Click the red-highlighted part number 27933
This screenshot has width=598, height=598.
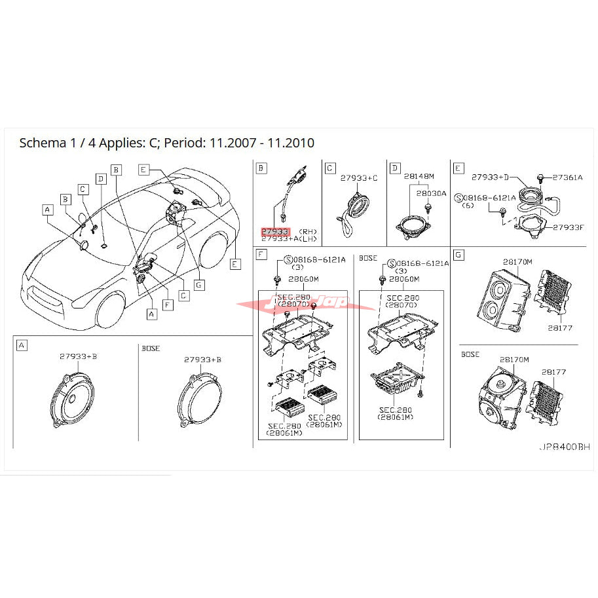coord(275,231)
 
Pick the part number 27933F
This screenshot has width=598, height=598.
coord(569,227)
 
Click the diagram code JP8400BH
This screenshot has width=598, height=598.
coord(564,447)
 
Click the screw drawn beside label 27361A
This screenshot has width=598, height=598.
coord(540,178)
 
